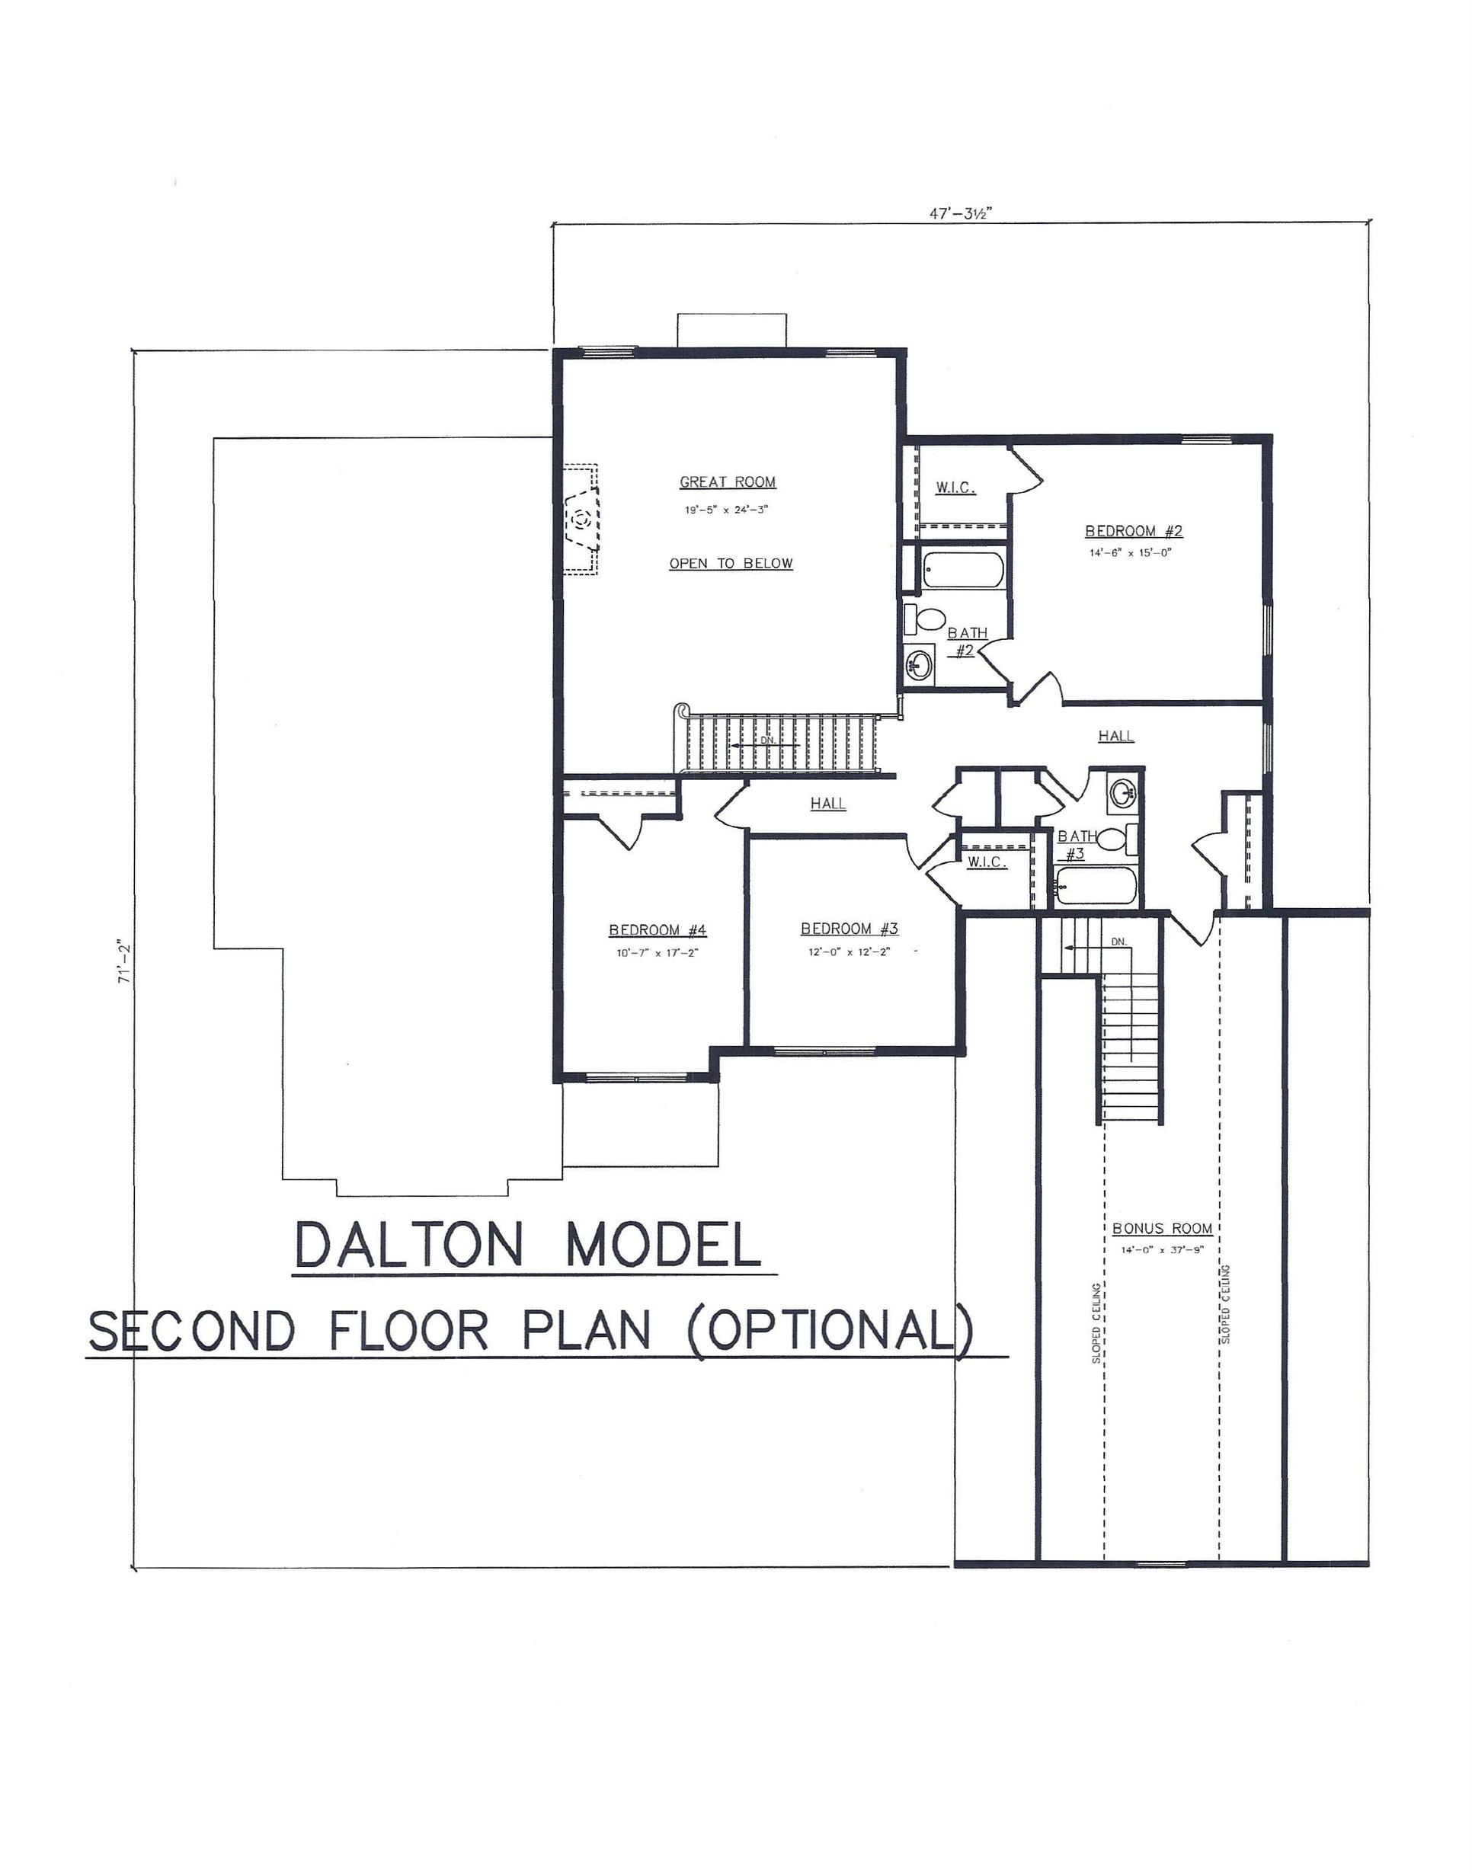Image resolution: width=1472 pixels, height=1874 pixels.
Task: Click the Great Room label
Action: [728, 482]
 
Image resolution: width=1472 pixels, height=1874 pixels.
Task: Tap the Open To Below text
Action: [731, 564]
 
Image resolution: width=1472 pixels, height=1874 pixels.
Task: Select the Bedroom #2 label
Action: [1133, 531]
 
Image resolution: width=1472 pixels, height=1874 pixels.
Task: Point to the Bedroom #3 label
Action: [849, 928]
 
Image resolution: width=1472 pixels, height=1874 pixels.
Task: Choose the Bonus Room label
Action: [1162, 1229]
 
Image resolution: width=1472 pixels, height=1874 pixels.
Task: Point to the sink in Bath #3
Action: [1123, 791]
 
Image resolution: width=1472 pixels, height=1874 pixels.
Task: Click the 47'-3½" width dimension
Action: [960, 213]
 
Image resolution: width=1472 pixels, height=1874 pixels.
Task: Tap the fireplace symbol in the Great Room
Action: [582, 520]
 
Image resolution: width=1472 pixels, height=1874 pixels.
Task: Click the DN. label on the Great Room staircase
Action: [768, 740]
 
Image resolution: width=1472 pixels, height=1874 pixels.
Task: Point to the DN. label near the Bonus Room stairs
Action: [1118, 942]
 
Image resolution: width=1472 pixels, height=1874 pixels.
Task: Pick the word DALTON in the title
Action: [408, 1245]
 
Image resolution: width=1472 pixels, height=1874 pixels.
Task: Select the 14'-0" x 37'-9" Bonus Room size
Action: [1162, 1249]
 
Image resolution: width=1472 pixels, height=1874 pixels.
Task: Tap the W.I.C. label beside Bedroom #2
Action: [955, 488]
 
